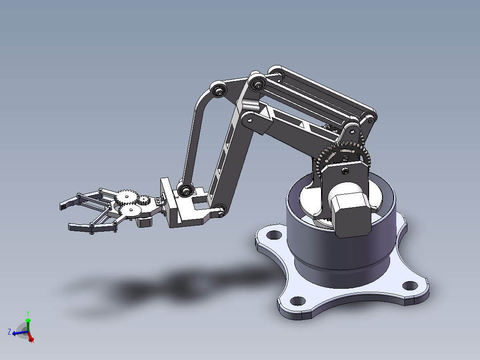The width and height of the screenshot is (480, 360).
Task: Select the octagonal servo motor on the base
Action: pyautogui.click(x=351, y=211)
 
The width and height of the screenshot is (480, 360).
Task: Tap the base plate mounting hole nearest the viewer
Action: pyautogui.click(x=297, y=301)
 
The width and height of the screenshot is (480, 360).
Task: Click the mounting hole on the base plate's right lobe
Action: pyautogui.click(x=410, y=286)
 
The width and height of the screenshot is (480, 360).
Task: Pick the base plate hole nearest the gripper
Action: pyautogui.click(x=274, y=235)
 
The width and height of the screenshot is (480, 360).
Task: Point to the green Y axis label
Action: pyautogui.click(x=28, y=313)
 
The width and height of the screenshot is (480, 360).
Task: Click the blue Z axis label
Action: pyautogui.click(x=9, y=331)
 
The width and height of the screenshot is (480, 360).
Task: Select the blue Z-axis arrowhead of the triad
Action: pyautogui.click(x=14, y=333)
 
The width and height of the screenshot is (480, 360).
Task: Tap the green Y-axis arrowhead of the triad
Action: pyautogui.click(x=28, y=320)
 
